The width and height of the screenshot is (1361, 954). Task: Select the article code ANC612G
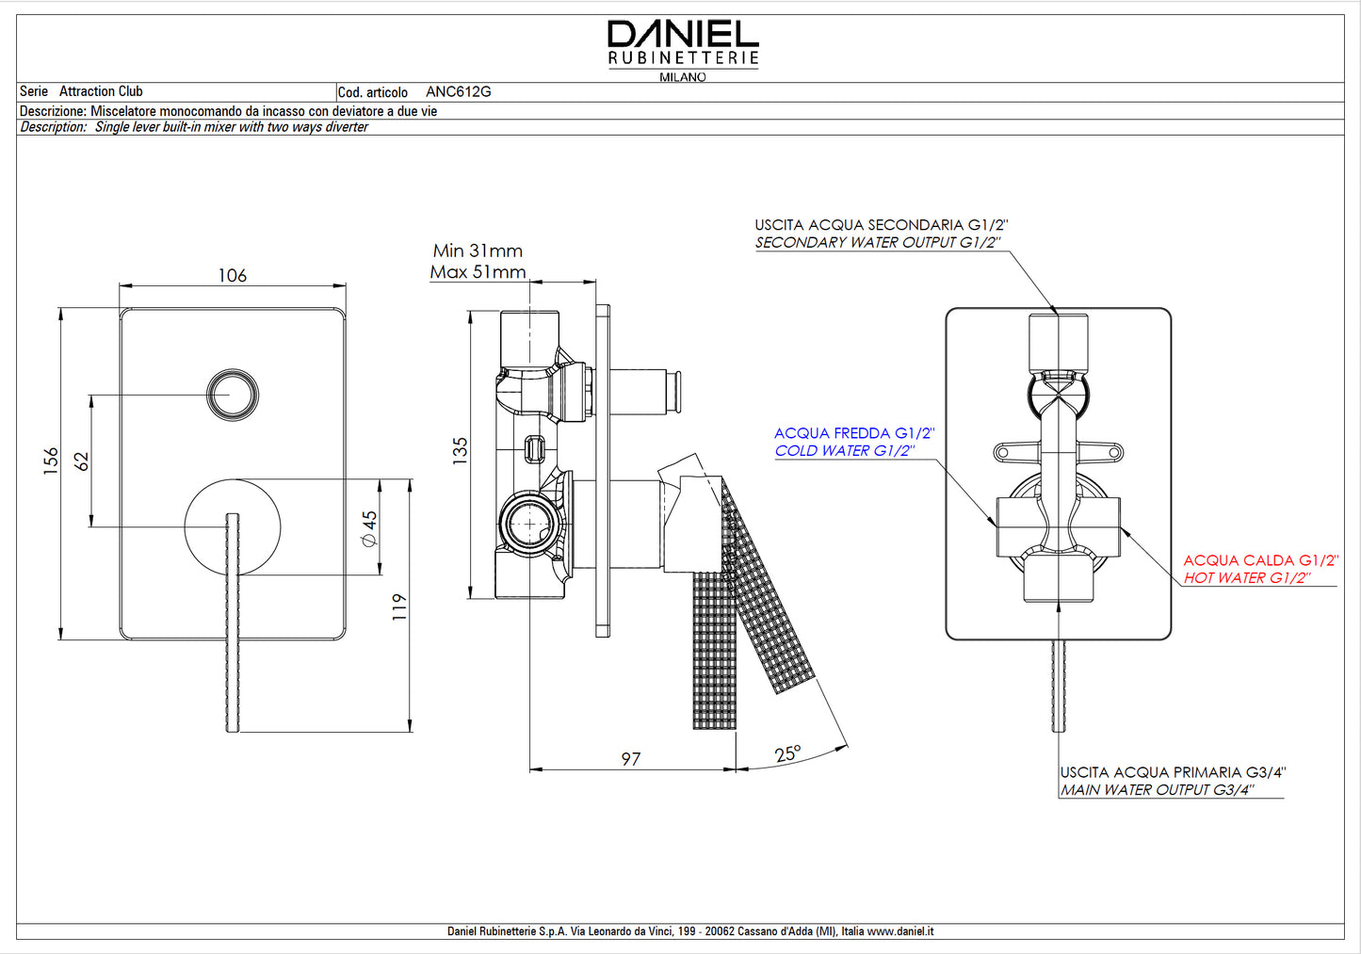pos(458,91)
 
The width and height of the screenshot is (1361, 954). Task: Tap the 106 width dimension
pos(233,275)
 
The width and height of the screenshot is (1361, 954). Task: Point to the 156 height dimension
pos(51,461)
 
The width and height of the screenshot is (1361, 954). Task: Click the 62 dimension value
pos(81,461)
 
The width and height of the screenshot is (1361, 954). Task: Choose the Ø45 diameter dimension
pos(369,528)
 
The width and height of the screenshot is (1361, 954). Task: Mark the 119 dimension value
pos(398,606)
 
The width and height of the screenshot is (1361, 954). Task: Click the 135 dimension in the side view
pos(460,451)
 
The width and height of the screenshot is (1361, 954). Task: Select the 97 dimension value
pos(631,759)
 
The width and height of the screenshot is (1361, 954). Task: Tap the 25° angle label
pos(787,753)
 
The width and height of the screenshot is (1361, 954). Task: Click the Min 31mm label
pos(478,251)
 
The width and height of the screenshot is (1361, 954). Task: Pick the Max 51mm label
pos(478,271)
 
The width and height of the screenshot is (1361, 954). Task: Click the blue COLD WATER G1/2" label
pos(845,451)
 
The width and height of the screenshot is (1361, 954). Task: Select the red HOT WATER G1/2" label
pos(1247,578)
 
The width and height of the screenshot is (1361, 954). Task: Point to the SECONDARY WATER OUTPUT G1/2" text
pos(878,242)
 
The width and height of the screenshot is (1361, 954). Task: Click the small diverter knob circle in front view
pos(233,395)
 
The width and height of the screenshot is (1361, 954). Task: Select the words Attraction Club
pos(101,91)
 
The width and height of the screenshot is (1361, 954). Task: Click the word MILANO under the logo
pos(683,77)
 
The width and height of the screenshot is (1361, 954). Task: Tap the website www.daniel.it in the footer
pos(900,930)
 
